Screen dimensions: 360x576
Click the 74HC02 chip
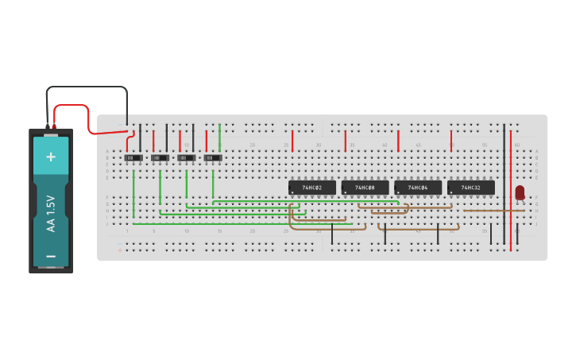click(311, 188)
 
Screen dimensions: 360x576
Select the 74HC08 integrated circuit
click(365, 188)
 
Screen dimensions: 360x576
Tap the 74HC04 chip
click(418, 188)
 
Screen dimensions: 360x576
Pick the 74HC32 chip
click(470, 188)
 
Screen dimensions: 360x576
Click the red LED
click(520, 192)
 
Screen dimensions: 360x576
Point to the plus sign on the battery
click(51, 157)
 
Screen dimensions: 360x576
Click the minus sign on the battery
click(51, 256)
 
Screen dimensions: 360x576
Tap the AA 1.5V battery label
click(51, 213)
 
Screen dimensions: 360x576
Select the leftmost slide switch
click(133, 157)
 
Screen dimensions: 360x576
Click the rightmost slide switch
click(213, 157)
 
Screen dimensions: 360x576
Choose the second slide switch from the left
click(160, 157)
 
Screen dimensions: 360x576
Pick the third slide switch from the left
click(187, 157)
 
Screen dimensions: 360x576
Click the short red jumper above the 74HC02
click(292, 141)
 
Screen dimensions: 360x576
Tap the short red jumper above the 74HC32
click(451, 141)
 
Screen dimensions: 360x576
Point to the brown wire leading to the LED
click(489, 211)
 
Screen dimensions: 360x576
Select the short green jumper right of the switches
click(220, 137)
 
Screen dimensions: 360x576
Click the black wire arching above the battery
click(87, 87)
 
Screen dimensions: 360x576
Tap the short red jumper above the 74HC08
click(346, 141)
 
